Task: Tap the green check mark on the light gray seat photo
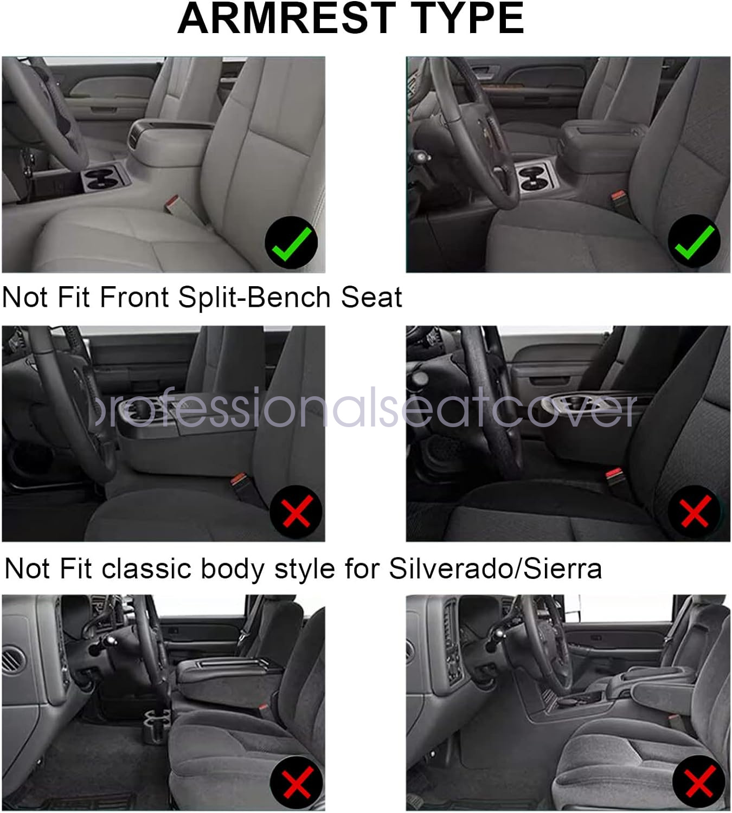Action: (292, 243)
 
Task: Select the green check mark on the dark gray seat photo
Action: (695, 242)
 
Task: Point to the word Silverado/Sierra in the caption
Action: (495, 568)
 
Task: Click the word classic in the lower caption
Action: (146, 568)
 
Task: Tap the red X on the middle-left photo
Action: (297, 512)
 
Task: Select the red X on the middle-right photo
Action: (696, 512)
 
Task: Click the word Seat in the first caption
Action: (371, 297)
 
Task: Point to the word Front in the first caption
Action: (134, 297)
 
